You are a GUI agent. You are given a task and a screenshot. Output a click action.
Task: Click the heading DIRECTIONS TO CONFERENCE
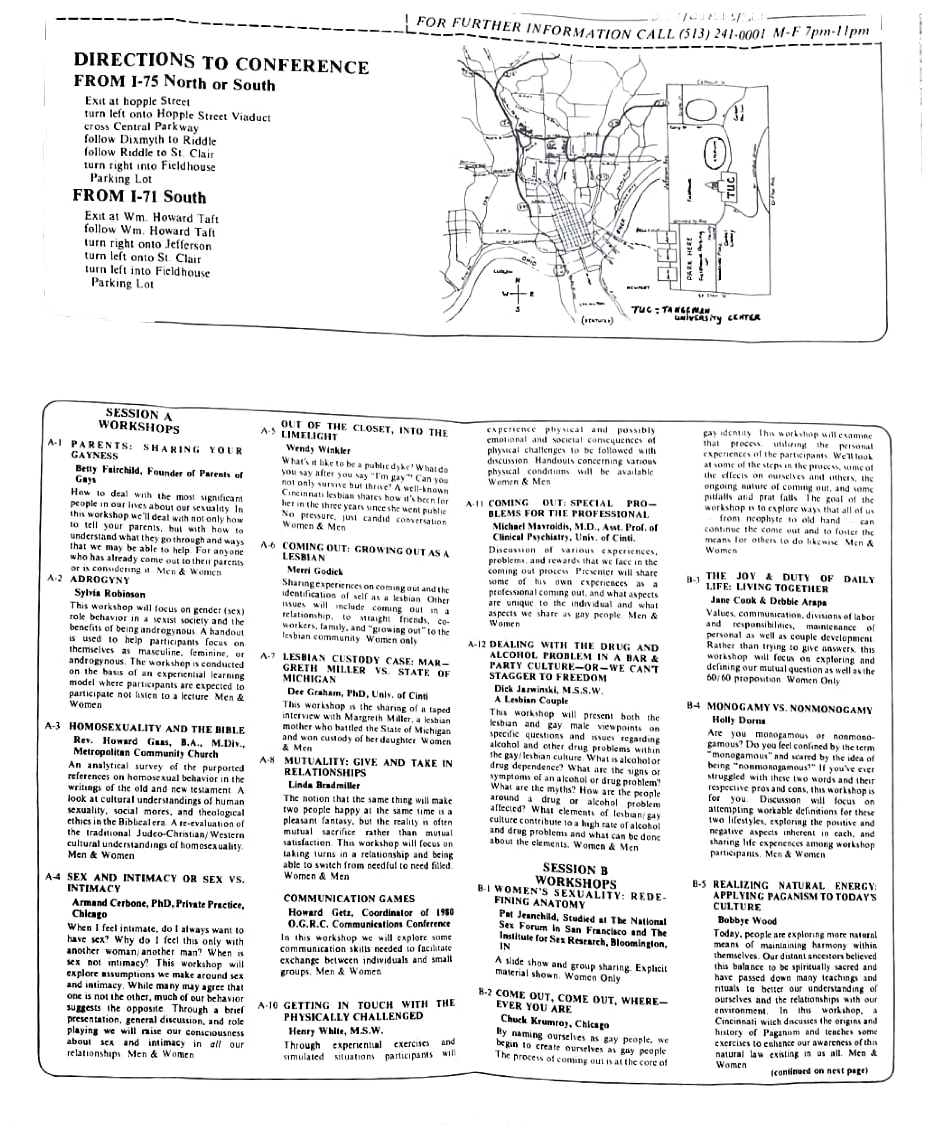pos(221,63)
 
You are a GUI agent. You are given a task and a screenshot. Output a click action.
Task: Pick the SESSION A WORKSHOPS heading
pos(139,421)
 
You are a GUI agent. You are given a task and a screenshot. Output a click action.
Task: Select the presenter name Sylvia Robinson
pos(109,593)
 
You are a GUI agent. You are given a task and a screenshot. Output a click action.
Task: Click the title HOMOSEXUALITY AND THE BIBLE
pos(157,729)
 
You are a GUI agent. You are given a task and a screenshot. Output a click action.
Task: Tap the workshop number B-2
pos(484,992)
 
